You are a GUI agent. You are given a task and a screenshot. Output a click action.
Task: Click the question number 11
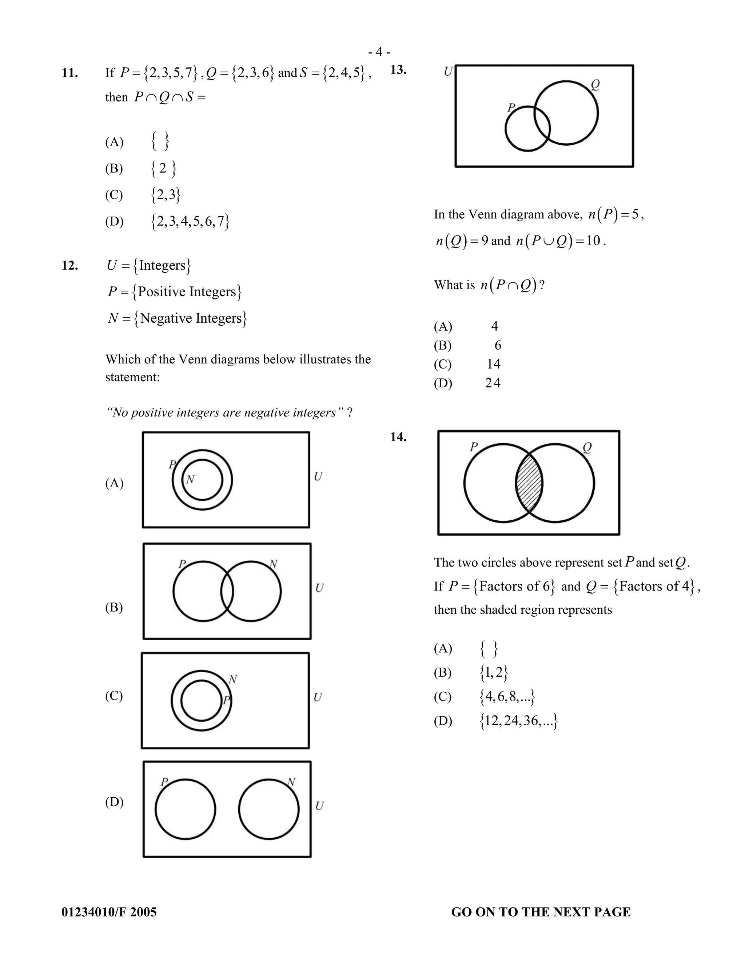[x=70, y=73]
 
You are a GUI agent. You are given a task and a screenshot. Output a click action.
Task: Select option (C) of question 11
[x=114, y=195]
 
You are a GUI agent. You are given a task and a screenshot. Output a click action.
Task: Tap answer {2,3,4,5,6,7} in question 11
[x=190, y=221]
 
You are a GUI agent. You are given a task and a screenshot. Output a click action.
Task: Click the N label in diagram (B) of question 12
[x=274, y=564]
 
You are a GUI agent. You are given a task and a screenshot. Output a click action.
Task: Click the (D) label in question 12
[x=114, y=802]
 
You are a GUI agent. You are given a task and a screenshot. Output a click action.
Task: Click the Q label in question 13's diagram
[x=595, y=84]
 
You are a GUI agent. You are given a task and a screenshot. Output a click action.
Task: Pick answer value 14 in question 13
[x=493, y=364]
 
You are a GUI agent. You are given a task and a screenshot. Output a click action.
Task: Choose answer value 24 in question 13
[x=493, y=383]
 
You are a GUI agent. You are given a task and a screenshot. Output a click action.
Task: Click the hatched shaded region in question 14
[x=529, y=483]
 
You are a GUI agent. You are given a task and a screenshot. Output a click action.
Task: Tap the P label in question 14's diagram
[x=474, y=447]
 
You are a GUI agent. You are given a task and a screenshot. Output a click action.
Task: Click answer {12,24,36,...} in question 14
[x=519, y=721]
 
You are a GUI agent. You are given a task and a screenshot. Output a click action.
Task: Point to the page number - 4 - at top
[x=379, y=52]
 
